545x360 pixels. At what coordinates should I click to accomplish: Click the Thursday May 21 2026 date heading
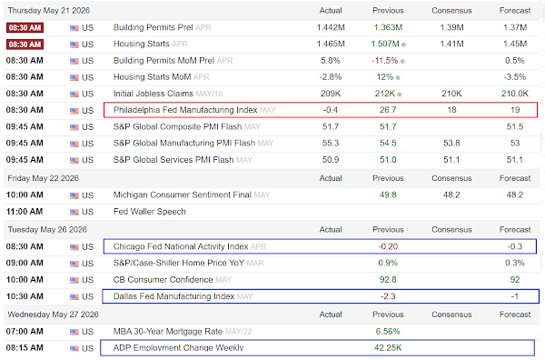49,10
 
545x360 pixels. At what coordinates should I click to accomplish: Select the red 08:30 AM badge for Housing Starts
25,45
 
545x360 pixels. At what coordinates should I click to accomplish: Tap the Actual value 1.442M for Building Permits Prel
331,27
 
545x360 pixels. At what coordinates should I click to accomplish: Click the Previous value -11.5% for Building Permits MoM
385,61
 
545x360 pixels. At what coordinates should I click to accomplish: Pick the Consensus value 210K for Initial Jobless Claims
451,94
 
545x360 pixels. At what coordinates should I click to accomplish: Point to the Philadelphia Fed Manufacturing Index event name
185,110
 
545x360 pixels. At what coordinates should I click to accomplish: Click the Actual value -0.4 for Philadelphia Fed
331,110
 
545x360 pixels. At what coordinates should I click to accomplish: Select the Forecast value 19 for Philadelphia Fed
515,110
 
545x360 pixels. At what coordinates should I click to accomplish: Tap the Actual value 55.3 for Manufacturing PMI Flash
331,143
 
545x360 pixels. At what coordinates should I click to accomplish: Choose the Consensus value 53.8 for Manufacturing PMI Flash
451,143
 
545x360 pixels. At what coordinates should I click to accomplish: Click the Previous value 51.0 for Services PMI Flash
388,160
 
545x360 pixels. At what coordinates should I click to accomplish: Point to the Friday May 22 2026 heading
43,178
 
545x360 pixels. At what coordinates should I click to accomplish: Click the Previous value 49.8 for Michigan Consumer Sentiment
388,195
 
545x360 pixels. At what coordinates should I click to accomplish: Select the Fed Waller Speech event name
150,212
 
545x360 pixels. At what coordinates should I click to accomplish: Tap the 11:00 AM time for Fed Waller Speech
25,212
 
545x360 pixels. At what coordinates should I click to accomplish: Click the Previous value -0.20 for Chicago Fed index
388,246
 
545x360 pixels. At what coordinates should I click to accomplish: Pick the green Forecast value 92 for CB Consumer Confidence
515,280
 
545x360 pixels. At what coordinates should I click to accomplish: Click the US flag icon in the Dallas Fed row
74,297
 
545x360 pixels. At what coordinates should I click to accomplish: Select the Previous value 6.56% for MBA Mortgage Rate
388,332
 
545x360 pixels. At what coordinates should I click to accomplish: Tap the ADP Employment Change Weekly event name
178,348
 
